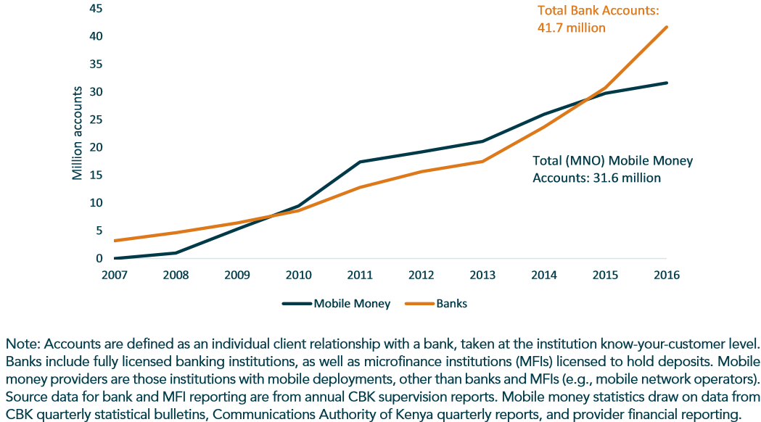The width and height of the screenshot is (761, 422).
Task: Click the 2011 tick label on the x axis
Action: (x=360, y=275)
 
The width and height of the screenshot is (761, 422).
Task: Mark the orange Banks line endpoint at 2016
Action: (x=667, y=27)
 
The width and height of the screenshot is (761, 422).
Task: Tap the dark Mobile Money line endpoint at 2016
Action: (x=667, y=83)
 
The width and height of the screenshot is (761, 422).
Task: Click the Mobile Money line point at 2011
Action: (x=360, y=162)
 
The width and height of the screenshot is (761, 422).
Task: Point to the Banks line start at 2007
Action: (x=115, y=241)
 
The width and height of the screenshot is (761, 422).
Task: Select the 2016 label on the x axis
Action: (x=667, y=275)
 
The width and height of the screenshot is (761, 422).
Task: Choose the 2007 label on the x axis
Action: (x=115, y=275)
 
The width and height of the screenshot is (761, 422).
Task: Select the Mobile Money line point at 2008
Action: (x=176, y=253)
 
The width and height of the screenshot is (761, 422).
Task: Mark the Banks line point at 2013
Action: (x=482, y=161)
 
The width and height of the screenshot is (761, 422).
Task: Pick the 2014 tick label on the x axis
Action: (x=544, y=275)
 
